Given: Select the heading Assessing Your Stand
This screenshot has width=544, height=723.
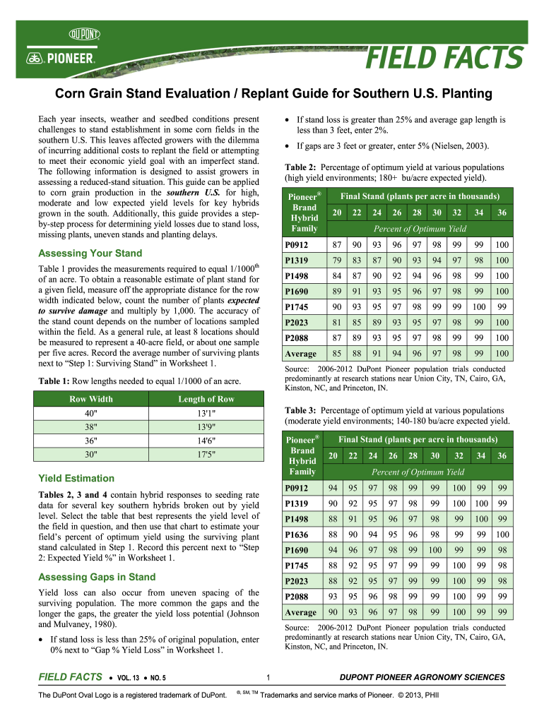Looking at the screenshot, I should [x=90, y=253].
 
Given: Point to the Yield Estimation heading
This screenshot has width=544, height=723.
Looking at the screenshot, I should [x=76, y=478].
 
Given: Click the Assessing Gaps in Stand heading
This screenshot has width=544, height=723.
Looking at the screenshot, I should [x=96, y=577].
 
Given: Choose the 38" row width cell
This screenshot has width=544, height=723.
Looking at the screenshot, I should [x=91, y=426].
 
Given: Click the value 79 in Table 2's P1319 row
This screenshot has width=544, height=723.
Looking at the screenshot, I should [x=337, y=261].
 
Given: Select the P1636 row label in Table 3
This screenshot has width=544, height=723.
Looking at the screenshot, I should [x=295, y=534].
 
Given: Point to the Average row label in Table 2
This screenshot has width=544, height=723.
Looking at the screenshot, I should [x=300, y=353].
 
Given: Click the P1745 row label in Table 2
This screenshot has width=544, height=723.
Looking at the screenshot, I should [x=295, y=307].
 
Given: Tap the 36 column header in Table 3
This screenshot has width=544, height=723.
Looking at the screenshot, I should [x=502, y=455].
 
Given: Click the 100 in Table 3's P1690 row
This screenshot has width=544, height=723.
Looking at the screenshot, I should [x=435, y=549].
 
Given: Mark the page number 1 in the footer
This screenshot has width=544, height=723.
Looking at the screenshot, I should [x=262, y=678].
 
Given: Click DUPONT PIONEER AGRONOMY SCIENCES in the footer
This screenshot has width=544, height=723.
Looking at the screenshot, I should [x=422, y=678].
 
